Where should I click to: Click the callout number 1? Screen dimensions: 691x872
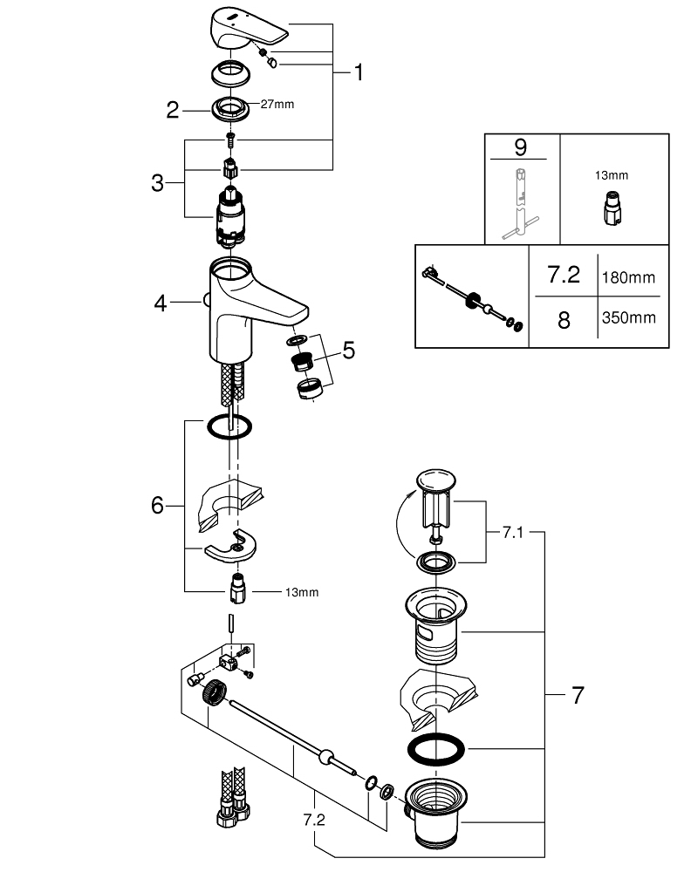pos(359,72)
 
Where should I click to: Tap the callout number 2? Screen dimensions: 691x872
pos(173,110)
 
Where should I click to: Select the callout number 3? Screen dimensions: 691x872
pos(157,183)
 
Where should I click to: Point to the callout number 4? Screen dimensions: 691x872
pos(161,303)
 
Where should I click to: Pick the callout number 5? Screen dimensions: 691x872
pos(348,351)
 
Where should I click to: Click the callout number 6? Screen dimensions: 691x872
pos(157,506)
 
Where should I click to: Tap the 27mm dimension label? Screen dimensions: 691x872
pos(277,104)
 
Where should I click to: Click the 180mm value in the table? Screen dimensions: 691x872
pos(628,277)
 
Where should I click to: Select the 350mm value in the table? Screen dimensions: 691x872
pos(628,317)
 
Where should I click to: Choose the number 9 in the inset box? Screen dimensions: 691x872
pos(520,147)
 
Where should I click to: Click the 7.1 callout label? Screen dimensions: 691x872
pos(512,532)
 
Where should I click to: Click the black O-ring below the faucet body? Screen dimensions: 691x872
pos(229,427)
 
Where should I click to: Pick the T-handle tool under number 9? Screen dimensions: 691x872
pos(520,203)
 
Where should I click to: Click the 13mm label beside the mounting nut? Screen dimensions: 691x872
pos(302,592)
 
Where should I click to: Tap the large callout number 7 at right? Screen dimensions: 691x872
pos(578,695)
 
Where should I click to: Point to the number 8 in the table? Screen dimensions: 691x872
pos(564,320)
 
